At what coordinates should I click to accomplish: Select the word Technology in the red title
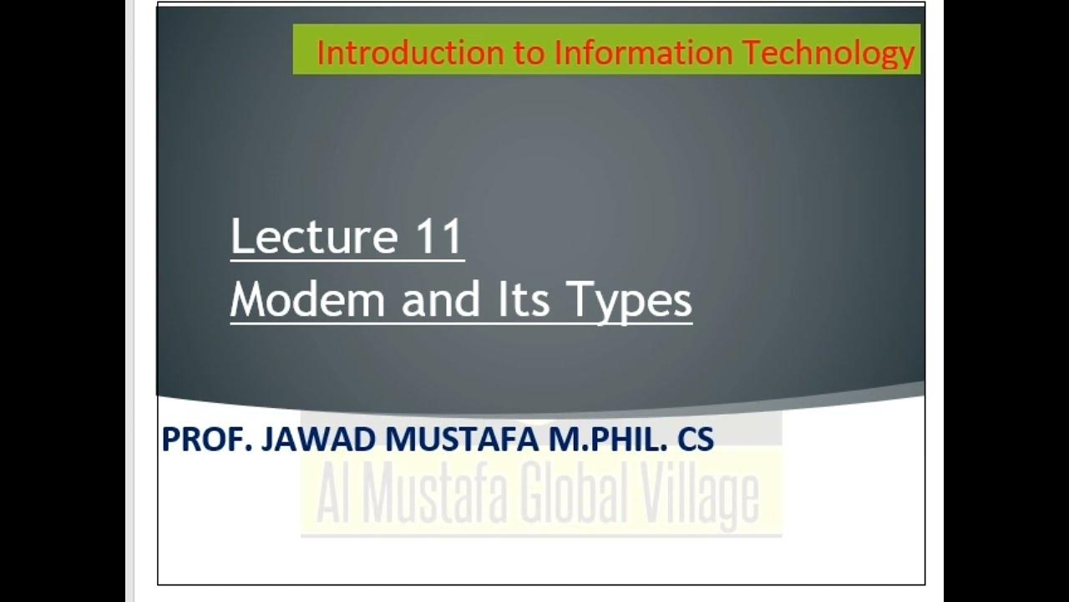pyautogui.click(x=828, y=53)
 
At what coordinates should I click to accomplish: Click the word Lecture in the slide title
pyautogui.click(x=314, y=237)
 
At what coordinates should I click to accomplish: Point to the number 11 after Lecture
pyautogui.click(x=436, y=237)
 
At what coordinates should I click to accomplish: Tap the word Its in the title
pyautogui.click(x=524, y=299)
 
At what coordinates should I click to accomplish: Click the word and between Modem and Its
pyautogui.click(x=443, y=299)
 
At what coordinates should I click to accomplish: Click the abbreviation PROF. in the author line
pyautogui.click(x=207, y=439)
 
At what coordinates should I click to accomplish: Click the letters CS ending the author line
pyautogui.click(x=696, y=439)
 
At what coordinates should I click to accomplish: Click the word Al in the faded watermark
pyautogui.click(x=332, y=495)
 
